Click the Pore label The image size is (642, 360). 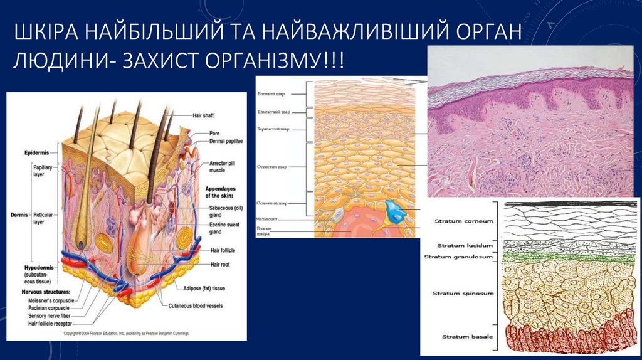[x=214, y=134]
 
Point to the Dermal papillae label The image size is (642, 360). [x=226, y=141]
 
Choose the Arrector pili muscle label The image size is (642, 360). [x=222, y=166]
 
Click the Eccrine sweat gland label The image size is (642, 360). [x=224, y=228]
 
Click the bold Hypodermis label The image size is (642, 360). [x=39, y=268]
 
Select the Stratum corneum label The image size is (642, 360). [x=463, y=221]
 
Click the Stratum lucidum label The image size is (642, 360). [x=465, y=246]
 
